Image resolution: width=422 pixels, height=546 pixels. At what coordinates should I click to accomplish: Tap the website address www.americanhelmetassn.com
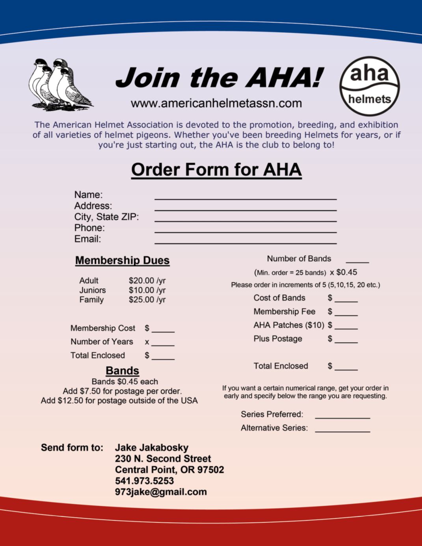(x=216, y=104)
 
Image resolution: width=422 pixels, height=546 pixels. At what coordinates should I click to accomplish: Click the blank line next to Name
(x=245, y=197)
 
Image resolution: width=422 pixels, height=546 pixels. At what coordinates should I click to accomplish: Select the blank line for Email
(x=245, y=241)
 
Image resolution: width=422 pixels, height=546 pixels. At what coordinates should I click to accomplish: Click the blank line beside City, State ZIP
(x=245, y=219)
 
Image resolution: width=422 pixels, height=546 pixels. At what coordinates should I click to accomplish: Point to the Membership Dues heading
(x=122, y=260)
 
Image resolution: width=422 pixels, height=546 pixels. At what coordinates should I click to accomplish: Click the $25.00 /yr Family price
(x=147, y=300)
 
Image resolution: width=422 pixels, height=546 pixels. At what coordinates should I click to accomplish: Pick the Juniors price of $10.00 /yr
(x=147, y=290)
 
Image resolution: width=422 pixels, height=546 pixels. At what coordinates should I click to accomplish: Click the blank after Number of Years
(x=163, y=344)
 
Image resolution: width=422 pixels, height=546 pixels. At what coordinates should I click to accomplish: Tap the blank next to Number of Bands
(x=357, y=261)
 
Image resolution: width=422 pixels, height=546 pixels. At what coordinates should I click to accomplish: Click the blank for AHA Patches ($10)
(x=346, y=327)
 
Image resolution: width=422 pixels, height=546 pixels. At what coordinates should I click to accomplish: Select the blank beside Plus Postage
(x=346, y=341)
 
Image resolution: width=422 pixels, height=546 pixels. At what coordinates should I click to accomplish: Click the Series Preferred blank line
(x=342, y=416)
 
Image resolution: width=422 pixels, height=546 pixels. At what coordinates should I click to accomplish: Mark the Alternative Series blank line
(x=342, y=430)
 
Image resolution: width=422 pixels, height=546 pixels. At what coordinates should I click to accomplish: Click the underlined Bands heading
(x=122, y=371)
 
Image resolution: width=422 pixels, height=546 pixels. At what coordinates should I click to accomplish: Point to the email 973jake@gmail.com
(x=161, y=492)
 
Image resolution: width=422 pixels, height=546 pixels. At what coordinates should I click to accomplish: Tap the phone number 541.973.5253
(x=144, y=481)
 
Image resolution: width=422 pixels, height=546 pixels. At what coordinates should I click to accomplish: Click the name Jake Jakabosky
(x=152, y=448)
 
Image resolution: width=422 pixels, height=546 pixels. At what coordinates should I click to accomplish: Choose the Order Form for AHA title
(x=216, y=170)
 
